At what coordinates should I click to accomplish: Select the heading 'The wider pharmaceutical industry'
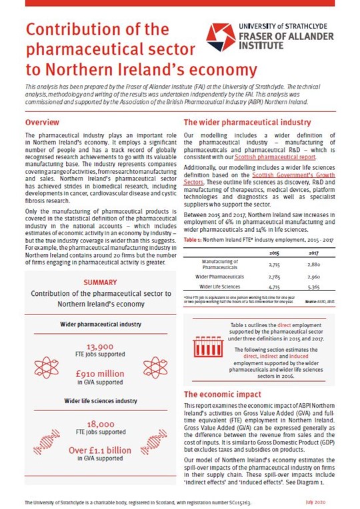247,123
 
